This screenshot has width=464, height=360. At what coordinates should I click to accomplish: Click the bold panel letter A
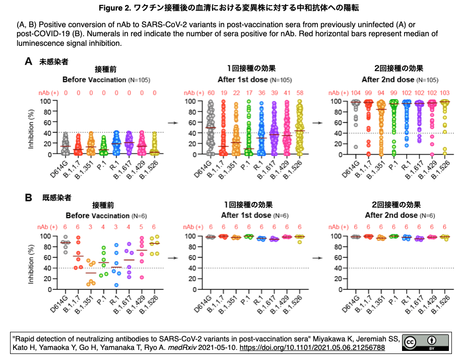click(x=28, y=61)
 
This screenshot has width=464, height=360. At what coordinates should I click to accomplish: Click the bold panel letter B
click(x=28, y=197)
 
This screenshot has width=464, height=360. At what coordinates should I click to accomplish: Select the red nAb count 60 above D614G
click(x=211, y=93)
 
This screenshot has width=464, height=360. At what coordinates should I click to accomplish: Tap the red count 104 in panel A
click(x=356, y=93)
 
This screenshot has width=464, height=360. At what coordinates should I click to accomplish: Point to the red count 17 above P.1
click(x=249, y=93)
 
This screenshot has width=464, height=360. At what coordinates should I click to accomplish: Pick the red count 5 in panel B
click(x=141, y=227)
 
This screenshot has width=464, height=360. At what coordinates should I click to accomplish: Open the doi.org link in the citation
click(x=312, y=347)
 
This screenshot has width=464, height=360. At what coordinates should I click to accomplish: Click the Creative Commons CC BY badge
click(x=425, y=342)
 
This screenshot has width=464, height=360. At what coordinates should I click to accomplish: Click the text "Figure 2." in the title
click(x=115, y=8)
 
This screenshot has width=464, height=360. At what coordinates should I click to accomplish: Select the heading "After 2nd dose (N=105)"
click(x=400, y=80)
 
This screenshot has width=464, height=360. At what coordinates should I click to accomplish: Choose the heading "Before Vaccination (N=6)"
click(x=106, y=215)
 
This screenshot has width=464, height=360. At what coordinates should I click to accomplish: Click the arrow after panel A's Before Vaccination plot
click(x=173, y=123)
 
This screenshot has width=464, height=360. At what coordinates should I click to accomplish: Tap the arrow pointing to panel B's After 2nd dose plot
click(x=317, y=258)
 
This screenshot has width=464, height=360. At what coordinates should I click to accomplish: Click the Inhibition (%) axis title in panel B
click(x=31, y=264)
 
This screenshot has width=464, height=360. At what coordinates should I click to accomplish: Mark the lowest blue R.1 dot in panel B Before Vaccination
click(x=116, y=285)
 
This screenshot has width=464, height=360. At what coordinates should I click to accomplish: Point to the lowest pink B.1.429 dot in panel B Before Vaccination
click(x=142, y=277)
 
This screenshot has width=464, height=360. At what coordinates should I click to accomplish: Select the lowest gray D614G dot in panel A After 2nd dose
click(x=356, y=147)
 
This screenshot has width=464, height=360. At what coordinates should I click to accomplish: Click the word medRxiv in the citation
click(x=182, y=347)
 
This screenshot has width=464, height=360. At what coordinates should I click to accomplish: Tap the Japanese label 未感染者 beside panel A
click(x=54, y=61)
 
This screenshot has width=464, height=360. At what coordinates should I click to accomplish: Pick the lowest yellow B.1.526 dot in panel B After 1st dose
click(x=300, y=242)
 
